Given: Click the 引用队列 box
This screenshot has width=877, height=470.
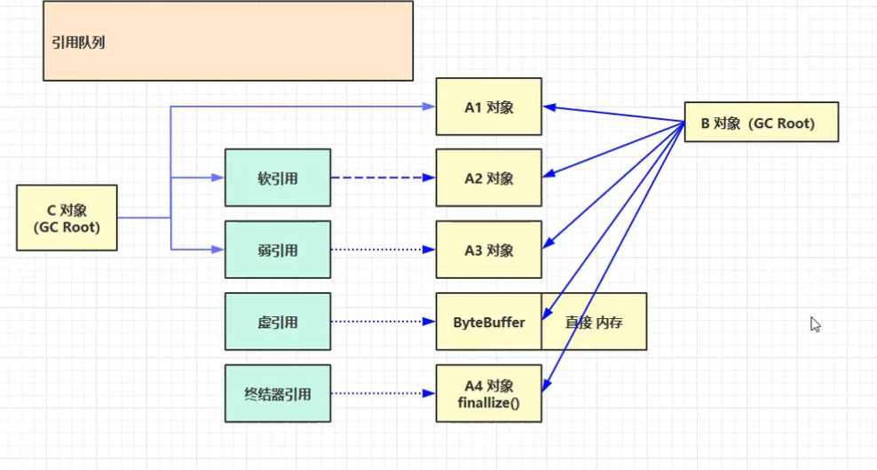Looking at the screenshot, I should coord(227,41).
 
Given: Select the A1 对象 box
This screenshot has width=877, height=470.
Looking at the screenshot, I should coord(488,108).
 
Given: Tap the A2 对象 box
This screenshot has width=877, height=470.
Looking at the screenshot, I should coord(488,179).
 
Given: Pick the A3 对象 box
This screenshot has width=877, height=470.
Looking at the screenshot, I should coord(488,251).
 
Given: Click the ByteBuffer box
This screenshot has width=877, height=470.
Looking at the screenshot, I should coord(488,322).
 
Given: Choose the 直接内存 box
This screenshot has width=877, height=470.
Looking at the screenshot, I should coord(594,322).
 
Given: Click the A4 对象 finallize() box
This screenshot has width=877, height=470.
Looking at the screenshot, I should coord(488,394).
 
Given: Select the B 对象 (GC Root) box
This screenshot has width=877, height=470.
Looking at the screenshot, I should coord(761,123).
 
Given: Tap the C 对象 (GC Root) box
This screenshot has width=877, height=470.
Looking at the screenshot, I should coord(67,218).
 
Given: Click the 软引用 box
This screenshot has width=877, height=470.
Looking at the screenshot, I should coord(277,179).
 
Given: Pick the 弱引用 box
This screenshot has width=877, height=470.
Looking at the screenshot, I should coord(277,251).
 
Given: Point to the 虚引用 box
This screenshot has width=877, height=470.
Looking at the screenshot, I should coord(277,322).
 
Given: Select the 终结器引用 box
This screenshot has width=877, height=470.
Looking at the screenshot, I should coord(277,394).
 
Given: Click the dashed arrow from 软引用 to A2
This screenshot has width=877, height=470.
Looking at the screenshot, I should coord(382,179).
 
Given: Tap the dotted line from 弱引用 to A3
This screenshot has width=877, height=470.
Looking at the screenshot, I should coord(382,251).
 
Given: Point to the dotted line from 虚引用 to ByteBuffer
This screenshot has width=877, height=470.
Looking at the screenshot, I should coord(382,322).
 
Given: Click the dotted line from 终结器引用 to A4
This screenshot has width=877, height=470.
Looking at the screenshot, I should coord(382,394).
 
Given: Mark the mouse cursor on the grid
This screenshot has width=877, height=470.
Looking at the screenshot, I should coord(815,324).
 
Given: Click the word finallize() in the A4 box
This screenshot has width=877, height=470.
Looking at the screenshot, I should coord(488,402).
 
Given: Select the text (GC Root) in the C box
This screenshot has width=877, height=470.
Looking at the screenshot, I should coord(67,227).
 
